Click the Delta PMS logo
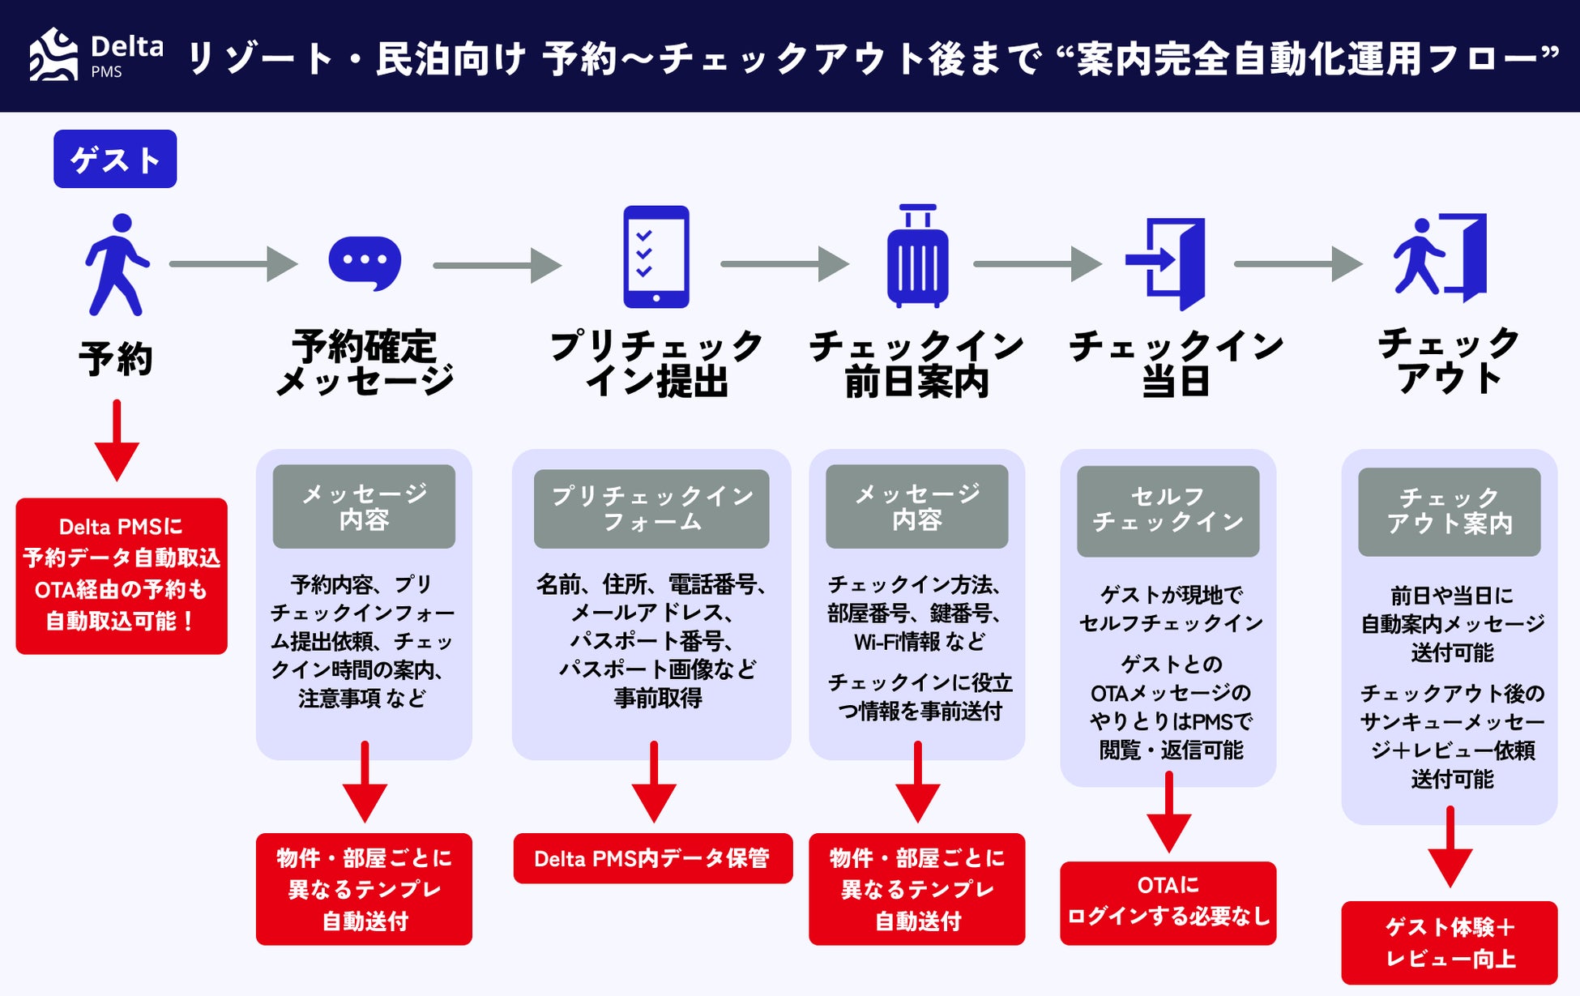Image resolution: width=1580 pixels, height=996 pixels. click(x=96, y=55)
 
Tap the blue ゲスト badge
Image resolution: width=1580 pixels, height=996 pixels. click(x=115, y=159)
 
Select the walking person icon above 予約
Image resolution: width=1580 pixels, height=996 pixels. click(x=117, y=264)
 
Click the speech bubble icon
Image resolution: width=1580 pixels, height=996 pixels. click(x=365, y=263)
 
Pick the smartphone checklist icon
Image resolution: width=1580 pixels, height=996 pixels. click(x=655, y=257)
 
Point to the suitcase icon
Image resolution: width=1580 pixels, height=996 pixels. click(x=917, y=257)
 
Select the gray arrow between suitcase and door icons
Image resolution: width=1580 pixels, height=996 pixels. click(x=1036, y=264)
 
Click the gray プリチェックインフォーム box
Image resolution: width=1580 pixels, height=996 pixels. click(x=651, y=508)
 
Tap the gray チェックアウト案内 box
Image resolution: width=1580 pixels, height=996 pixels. click(x=1449, y=511)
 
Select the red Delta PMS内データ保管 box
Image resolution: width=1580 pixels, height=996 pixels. click(x=652, y=858)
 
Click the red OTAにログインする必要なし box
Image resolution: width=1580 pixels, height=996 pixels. click(x=1168, y=902)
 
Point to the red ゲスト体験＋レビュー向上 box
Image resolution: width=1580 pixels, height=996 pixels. click(x=1449, y=943)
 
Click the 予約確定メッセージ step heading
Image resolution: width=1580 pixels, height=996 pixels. click(x=365, y=363)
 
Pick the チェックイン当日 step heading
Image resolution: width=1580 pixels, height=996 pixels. click(x=1176, y=363)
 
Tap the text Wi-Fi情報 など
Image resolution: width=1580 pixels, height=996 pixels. click(x=919, y=642)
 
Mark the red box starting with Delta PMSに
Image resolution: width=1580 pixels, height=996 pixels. click(x=122, y=575)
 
